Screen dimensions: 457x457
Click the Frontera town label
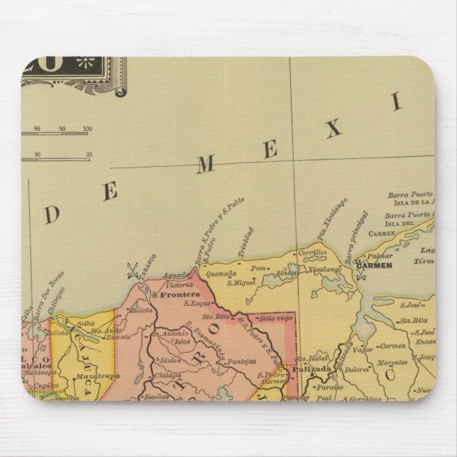[x=175, y=293]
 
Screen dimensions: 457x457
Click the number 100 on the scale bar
[x=87, y=128]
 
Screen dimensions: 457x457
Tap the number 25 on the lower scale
[x=89, y=154]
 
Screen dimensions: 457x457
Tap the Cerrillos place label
[x=312, y=252]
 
